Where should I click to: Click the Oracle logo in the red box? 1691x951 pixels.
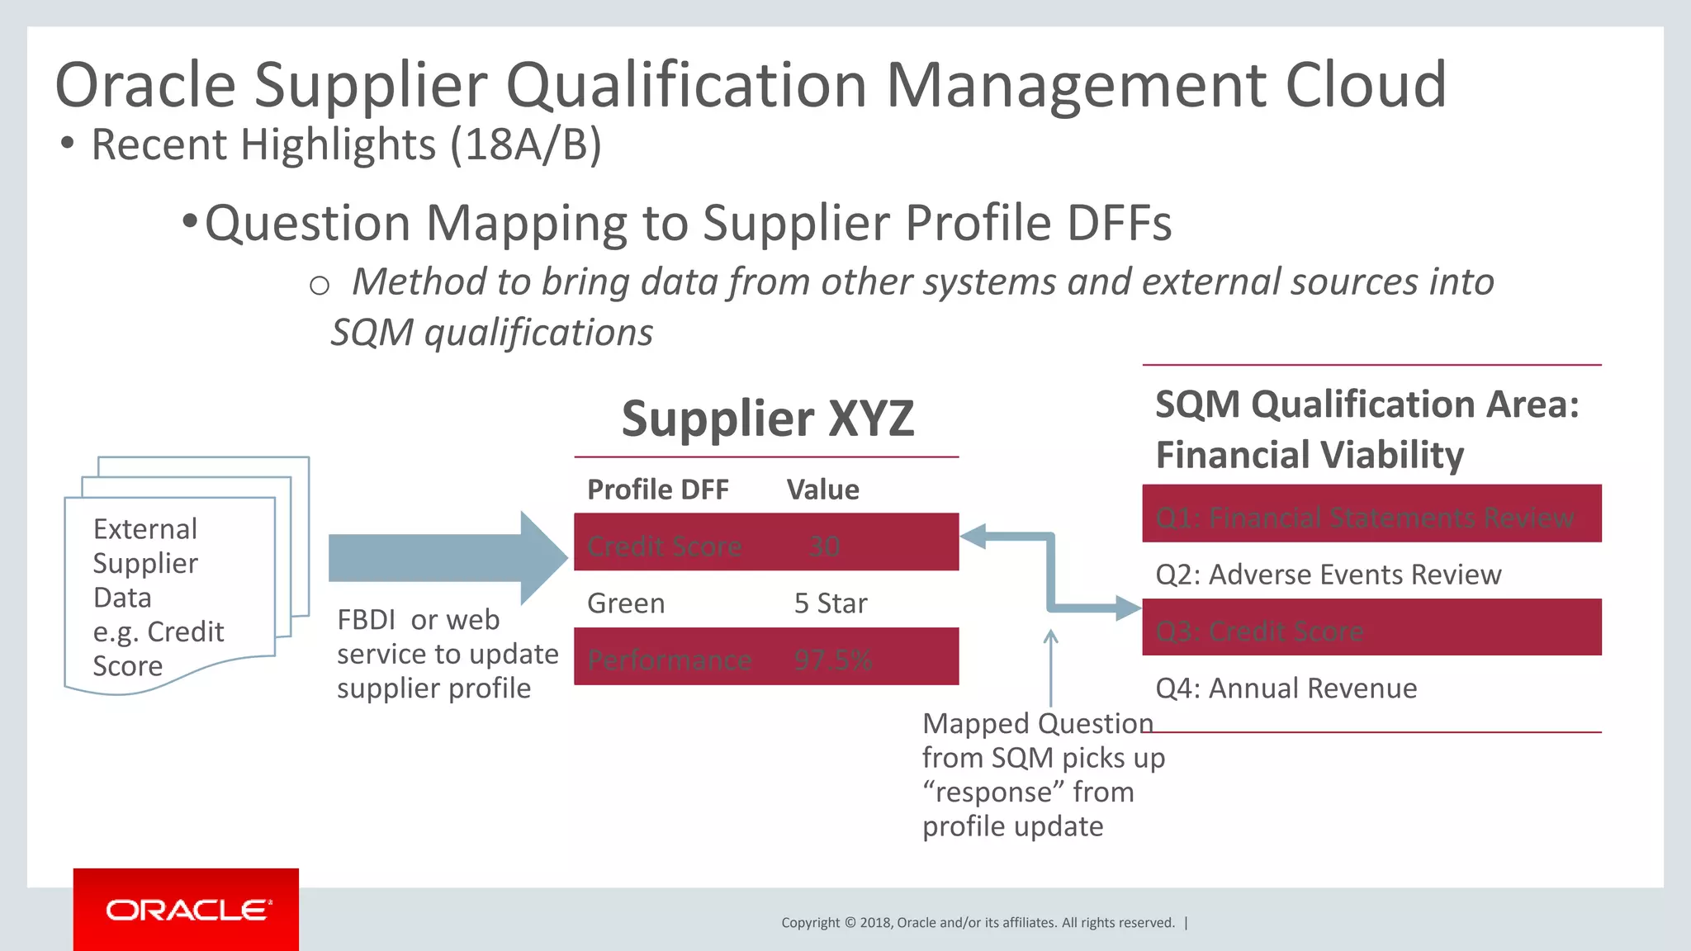pyautogui.click(x=187, y=910)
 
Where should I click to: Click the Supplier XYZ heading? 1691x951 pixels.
pyautogui.click(x=767, y=419)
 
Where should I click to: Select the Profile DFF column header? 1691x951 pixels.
pyautogui.click(x=657, y=490)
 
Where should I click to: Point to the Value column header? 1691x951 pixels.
pyautogui.click(x=822, y=490)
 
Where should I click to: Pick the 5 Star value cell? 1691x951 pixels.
pyautogui.click(x=830, y=603)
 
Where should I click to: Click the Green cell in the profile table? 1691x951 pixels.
pyautogui.click(x=626, y=603)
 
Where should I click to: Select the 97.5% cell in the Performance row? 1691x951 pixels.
pyautogui.click(x=832, y=660)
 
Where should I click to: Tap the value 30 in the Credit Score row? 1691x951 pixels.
pyautogui.click(x=824, y=546)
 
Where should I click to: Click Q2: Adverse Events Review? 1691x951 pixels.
pyautogui.click(x=1328, y=575)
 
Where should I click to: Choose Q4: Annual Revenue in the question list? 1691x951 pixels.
pyautogui.click(x=1286, y=688)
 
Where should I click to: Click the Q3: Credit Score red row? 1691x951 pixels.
pyautogui.click(x=1371, y=631)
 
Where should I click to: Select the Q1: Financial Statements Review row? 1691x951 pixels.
pyautogui.click(x=1371, y=518)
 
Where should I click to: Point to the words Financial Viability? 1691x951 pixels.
pyautogui.click(x=1310, y=455)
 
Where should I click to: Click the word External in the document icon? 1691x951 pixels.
pyautogui.click(x=145, y=529)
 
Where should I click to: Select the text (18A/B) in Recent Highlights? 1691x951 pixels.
pyautogui.click(x=526, y=144)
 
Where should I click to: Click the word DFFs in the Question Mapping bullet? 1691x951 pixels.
pyautogui.click(x=1119, y=224)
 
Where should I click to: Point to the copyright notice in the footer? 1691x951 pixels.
pyautogui.click(x=978, y=923)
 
